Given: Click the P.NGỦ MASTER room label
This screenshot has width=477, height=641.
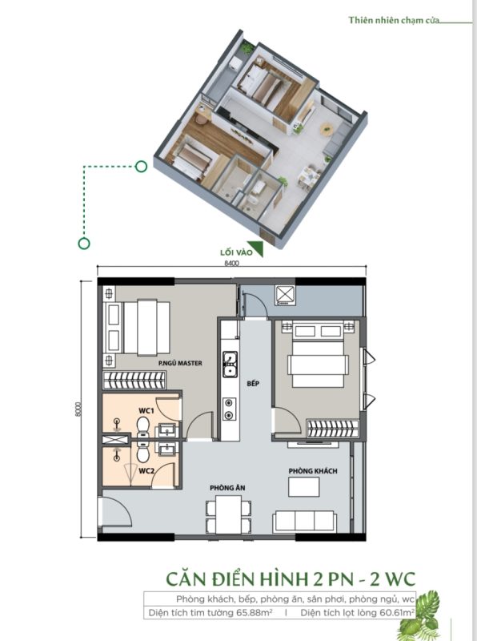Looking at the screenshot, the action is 180,363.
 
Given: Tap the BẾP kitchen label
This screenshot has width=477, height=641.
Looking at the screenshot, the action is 253,384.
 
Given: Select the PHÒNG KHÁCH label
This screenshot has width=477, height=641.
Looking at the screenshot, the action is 313,471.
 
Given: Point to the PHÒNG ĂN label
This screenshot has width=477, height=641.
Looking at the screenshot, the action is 227,488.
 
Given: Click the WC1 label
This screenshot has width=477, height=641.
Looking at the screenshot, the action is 146,410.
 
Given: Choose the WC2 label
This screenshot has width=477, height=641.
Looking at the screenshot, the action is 146,471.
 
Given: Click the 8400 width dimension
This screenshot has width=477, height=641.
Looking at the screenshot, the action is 231,264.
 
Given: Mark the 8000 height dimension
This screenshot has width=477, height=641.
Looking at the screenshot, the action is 78,409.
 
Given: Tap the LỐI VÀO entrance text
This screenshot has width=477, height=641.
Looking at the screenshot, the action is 236,252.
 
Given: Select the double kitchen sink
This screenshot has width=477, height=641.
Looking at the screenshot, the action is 230,364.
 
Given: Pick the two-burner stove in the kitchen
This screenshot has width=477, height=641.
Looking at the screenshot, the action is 229,409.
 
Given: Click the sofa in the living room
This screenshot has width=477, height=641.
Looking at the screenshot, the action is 305,521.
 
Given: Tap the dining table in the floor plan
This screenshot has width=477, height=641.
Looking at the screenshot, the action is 228,514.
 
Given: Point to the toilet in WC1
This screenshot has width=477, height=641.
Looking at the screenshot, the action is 143,427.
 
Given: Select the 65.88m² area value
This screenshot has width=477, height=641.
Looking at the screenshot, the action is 255,613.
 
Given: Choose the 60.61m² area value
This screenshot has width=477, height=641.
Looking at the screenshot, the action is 396,613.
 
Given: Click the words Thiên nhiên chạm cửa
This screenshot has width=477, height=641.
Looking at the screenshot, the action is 394,20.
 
